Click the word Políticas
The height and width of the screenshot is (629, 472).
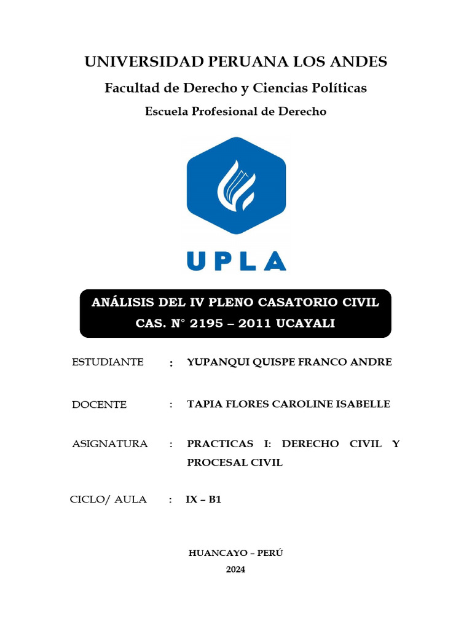(x=340, y=88)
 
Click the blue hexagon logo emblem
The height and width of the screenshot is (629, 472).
(x=236, y=185)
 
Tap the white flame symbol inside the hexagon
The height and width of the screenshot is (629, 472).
(x=236, y=184)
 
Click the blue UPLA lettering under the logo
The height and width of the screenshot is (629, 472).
(x=236, y=260)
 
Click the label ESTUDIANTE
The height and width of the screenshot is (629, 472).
(x=108, y=362)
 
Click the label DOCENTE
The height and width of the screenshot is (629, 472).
(x=99, y=405)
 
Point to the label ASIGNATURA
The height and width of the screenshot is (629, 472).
(x=109, y=444)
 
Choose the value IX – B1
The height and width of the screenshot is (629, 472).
(x=203, y=499)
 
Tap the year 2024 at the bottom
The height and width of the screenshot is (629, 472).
(x=235, y=569)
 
